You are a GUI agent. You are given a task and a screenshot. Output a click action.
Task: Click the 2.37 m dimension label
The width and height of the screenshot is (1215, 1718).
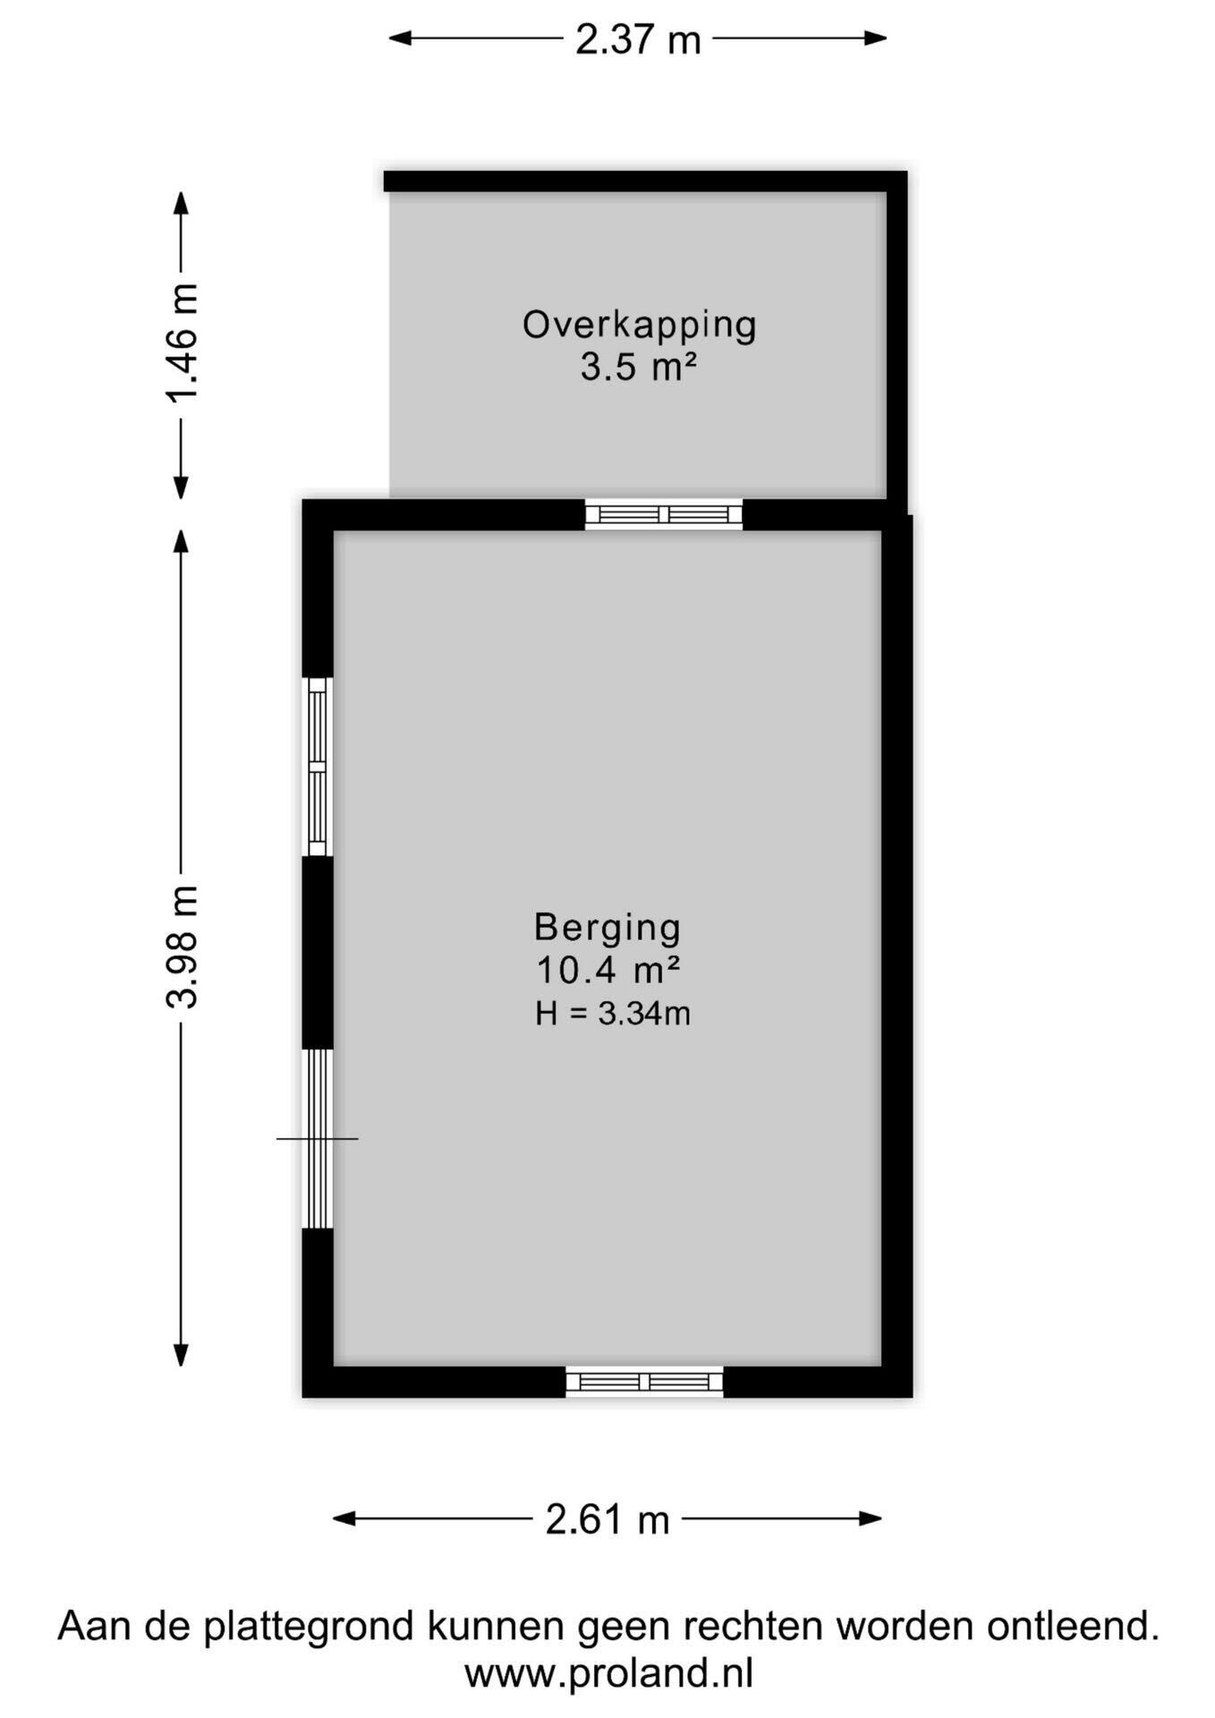click(x=638, y=39)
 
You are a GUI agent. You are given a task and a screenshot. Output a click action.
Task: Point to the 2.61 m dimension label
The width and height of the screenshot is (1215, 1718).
click(x=607, y=1519)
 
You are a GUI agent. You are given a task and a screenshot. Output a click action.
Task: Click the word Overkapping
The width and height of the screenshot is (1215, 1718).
click(x=640, y=326)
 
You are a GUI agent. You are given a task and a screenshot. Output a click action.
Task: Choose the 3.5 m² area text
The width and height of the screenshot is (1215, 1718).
click(x=639, y=367)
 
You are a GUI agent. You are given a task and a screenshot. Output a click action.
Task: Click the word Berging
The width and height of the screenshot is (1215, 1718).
click(x=607, y=928)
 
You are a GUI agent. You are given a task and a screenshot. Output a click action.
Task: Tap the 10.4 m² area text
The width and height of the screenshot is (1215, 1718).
click(x=608, y=969)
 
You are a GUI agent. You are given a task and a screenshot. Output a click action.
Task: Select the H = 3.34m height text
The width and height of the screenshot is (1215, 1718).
click(x=613, y=1013)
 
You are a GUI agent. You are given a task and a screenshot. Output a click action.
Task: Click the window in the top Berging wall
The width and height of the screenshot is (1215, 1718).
click(x=664, y=515)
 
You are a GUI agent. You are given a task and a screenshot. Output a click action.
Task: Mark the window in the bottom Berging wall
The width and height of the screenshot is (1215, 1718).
click(x=644, y=1382)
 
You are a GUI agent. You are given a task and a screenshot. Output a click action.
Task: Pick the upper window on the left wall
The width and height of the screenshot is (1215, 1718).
click(x=319, y=767)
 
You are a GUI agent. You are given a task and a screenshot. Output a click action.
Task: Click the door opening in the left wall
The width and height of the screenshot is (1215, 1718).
click(x=319, y=1138)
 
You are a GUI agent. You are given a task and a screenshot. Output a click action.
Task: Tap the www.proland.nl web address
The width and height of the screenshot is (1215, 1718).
click(x=608, y=1673)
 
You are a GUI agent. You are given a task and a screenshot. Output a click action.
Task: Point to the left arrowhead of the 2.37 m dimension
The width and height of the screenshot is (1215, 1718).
click(x=399, y=38)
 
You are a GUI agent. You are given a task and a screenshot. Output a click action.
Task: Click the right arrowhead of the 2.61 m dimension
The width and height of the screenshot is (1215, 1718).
click(x=871, y=1518)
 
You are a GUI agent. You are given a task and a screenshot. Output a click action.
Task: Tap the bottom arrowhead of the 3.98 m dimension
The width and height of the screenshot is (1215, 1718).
click(x=181, y=1355)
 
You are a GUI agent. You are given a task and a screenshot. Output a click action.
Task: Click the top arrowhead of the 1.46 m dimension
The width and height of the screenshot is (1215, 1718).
click(x=181, y=203)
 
